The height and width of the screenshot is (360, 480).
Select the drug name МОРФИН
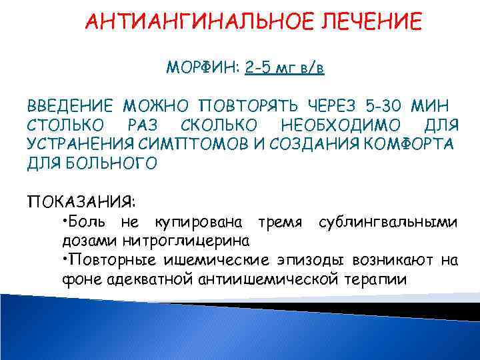point(203,68)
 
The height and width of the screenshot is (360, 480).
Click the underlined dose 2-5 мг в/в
point(285,68)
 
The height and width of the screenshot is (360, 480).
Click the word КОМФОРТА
point(413,144)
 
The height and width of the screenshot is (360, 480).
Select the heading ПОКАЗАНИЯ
point(83,201)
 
